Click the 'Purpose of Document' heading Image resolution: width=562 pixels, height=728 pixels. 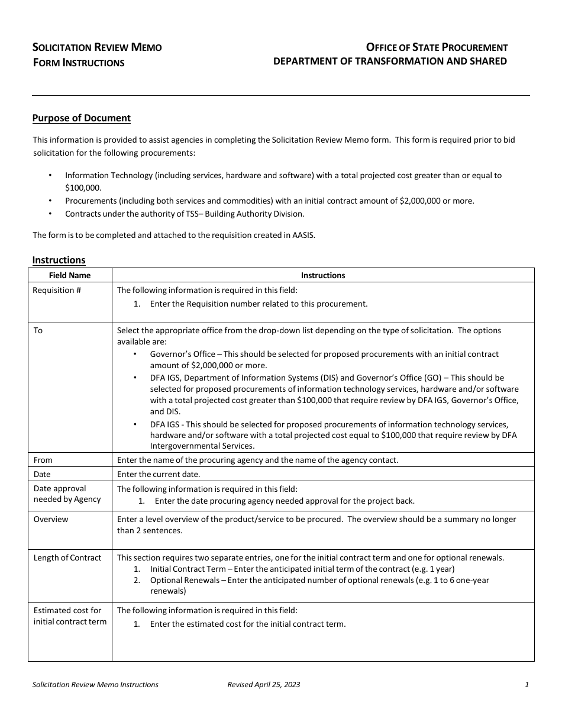tap(81, 118)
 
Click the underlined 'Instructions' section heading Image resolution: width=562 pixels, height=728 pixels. tap(59, 260)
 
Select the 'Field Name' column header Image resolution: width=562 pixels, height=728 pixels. tap(69, 275)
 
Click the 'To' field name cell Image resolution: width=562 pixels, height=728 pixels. tap(38, 330)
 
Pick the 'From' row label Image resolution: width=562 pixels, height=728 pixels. tap(43, 460)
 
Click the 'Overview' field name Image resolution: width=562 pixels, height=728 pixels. tap(50, 519)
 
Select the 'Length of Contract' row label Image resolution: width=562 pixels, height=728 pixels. tap(67, 558)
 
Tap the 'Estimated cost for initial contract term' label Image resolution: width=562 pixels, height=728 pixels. tap(70, 616)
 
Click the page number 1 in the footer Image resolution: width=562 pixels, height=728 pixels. tap(527, 685)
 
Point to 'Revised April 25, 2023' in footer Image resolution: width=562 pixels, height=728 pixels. tap(263, 685)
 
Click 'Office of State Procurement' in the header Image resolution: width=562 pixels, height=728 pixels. tap(437, 47)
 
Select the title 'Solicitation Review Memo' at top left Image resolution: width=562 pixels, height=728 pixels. tap(96, 47)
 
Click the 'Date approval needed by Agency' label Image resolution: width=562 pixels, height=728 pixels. tap(67, 494)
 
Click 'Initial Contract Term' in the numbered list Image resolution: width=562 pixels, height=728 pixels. tap(188, 569)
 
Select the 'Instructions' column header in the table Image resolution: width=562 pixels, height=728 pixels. tap(322, 275)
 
